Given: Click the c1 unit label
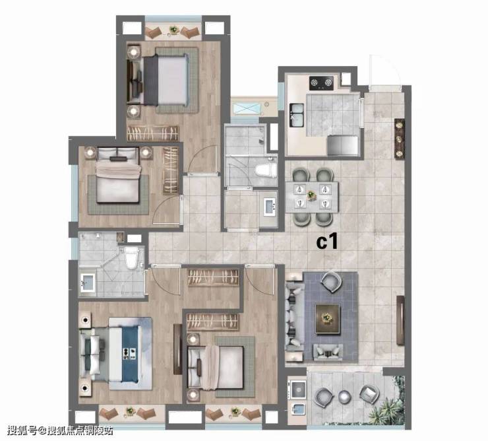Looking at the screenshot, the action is point(327,242).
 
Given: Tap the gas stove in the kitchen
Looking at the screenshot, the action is point(321,83).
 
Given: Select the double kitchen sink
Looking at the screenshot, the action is point(297,115).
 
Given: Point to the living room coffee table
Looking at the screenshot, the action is point(327,318).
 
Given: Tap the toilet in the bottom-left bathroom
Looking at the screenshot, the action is point(131,257).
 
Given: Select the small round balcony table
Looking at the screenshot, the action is point(344,397).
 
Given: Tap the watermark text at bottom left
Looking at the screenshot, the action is point(60,430).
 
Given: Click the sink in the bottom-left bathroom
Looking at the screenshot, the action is point(88,283).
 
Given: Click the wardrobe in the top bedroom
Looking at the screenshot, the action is point(153,133).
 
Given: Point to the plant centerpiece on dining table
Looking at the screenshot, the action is point(311,195).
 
